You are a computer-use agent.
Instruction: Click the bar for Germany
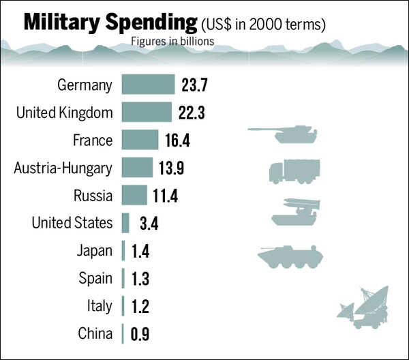148,85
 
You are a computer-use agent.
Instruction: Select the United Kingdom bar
147,112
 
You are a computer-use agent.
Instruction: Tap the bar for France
140,140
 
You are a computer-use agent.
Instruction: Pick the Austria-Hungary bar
137,168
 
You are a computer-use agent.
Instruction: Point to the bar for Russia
134,195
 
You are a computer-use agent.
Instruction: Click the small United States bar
125,223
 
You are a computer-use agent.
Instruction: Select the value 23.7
194,85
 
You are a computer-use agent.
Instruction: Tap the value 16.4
177,140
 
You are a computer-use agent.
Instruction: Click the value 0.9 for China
140,334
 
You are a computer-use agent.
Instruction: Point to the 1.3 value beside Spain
140,279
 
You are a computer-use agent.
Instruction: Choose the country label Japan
94,251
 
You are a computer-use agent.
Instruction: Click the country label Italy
99,306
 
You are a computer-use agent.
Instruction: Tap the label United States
72,223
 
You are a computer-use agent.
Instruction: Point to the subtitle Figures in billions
172,41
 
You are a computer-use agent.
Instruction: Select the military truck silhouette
294,170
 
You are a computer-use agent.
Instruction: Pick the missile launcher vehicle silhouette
295,211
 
